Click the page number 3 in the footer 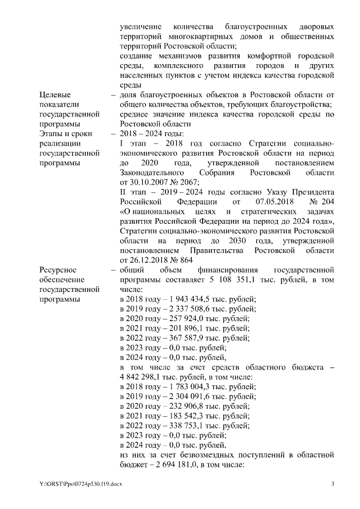tap(332, 484)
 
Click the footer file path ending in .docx tap(80, 484)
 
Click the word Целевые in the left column tap(56, 94)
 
